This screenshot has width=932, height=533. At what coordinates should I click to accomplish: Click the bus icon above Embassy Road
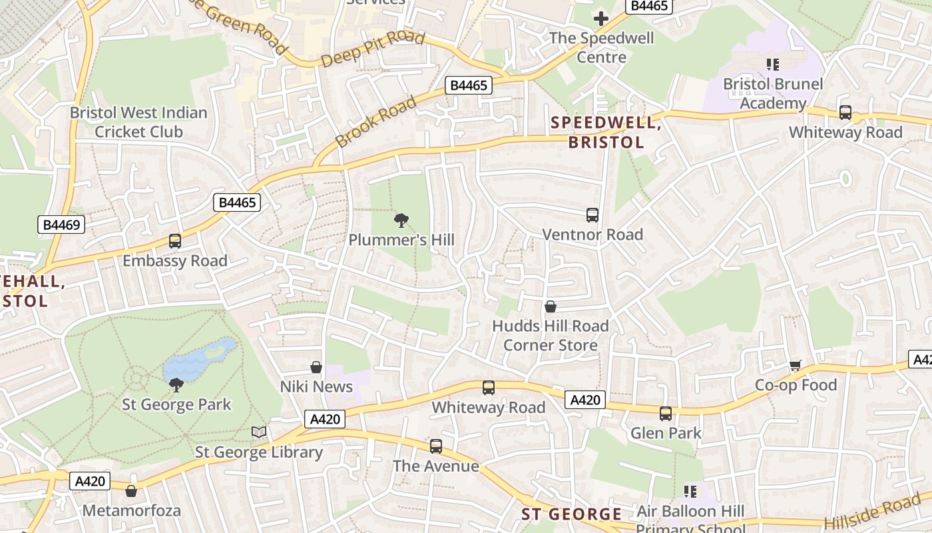[x=175, y=241]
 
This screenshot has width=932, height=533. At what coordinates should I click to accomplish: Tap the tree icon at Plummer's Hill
[x=401, y=220]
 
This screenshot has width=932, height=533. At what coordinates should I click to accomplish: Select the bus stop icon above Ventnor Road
[x=592, y=215]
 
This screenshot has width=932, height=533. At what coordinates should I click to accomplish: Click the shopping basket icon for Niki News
[x=316, y=367]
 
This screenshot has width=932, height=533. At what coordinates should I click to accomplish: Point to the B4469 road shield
[x=61, y=225]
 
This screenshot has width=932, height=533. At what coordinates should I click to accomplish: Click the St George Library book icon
[x=259, y=432]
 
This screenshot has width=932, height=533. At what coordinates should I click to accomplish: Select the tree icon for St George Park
[x=176, y=384]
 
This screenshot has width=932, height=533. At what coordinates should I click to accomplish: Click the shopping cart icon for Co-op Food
[x=796, y=365]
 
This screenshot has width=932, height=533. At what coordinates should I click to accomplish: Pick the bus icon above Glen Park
[x=666, y=414]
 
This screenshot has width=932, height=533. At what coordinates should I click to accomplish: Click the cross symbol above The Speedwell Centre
[x=601, y=18]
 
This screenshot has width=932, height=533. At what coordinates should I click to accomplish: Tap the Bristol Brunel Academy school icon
[x=772, y=65]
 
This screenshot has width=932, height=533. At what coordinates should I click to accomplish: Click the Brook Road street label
[x=376, y=122]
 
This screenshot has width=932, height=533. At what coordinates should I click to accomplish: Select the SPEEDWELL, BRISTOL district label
[x=605, y=132]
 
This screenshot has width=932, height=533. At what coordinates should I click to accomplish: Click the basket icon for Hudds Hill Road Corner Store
[x=551, y=306]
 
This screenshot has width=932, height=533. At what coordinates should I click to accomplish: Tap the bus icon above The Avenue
[x=436, y=446]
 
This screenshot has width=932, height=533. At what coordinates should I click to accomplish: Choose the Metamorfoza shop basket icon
[x=131, y=491]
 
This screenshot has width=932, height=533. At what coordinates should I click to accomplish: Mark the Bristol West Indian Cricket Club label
[x=138, y=122]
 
